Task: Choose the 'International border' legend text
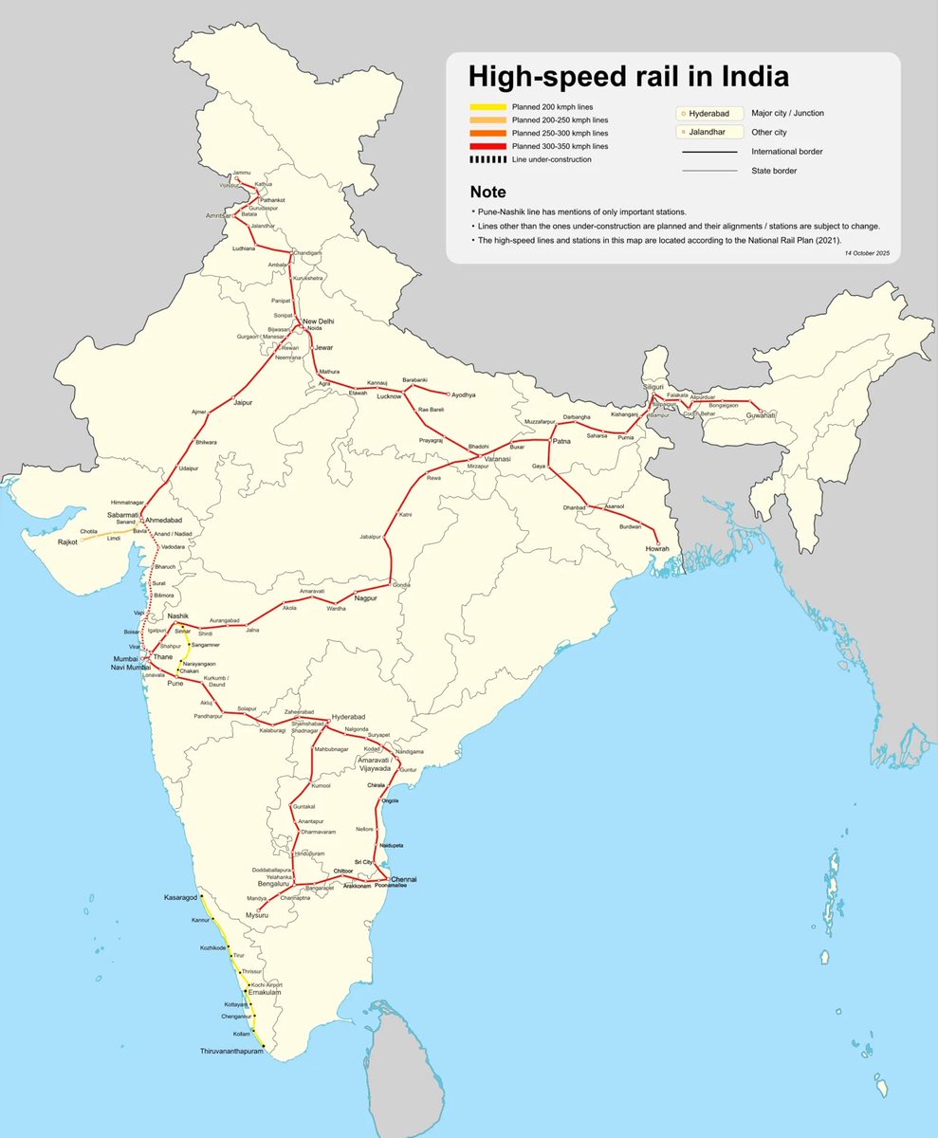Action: tap(786, 152)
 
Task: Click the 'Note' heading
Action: tap(487, 192)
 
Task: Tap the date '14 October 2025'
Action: tap(865, 253)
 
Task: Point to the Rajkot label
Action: tap(66, 541)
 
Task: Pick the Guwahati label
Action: tap(766, 415)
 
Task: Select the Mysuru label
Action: tap(258, 917)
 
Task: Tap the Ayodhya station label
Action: tap(464, 394)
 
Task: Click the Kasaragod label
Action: tap(181, 896)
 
